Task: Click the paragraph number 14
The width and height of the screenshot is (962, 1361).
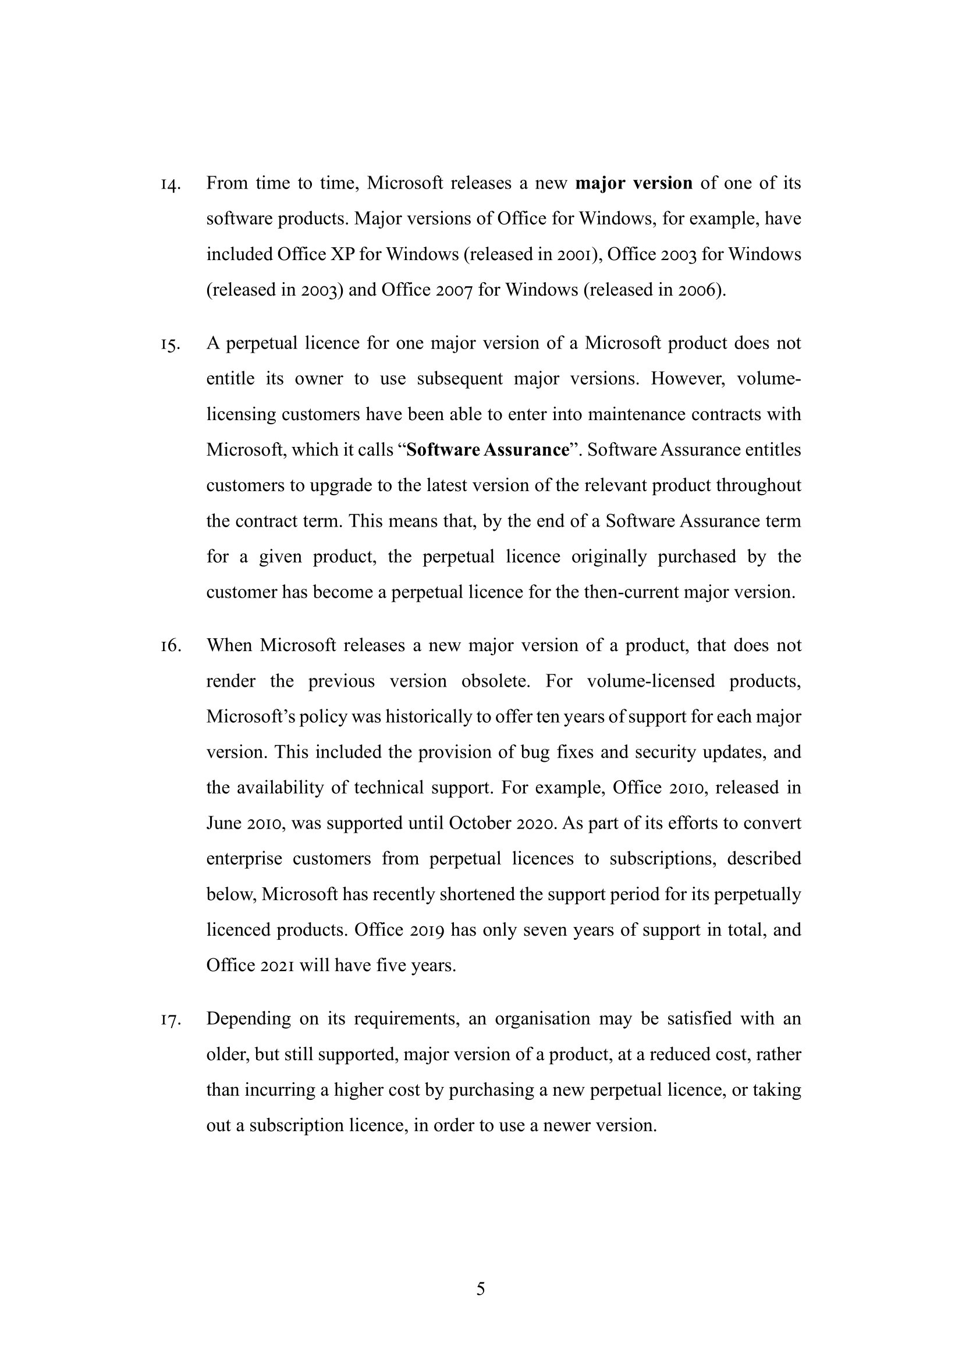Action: tap(169, 185)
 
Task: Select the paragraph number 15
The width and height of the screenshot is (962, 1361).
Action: tap(169, 345)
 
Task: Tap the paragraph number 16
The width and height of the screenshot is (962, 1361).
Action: tap(169, 646)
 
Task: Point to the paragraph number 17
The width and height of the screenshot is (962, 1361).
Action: tap(169, 1020)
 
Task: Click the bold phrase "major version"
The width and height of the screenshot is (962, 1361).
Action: tap(634, 183)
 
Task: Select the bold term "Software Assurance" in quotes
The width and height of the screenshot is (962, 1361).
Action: tap(488, 450)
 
